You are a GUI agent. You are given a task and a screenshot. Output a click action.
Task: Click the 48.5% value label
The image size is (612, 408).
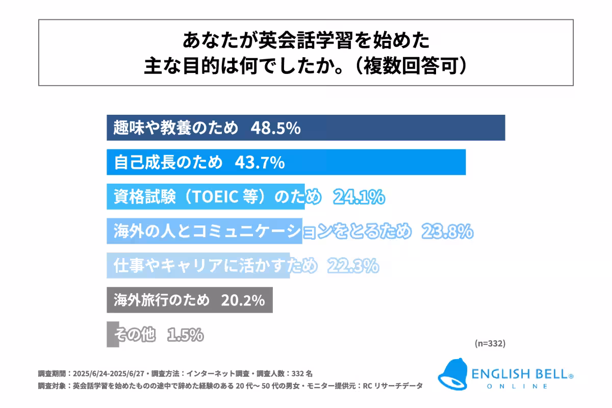(x=275, y=129)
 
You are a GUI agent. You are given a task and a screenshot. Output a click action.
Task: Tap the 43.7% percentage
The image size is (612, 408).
(x=259, y=163)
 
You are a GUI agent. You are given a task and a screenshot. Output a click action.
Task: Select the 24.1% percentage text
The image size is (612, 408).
(x=359, y=197)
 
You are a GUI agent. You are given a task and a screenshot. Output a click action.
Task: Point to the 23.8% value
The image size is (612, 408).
(x=447, y=232)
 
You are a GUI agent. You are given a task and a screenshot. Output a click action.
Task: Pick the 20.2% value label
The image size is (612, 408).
(x=243, y=300)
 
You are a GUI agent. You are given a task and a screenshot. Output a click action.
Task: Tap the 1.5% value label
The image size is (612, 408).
(x=186, y=335)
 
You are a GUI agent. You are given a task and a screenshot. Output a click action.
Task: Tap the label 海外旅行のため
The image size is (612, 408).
(x=162, y=300)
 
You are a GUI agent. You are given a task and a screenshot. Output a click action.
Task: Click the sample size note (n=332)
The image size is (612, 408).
(x=490, y=344)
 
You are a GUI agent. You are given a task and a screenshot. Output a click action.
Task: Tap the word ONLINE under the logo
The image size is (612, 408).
(x=518, y=387)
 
